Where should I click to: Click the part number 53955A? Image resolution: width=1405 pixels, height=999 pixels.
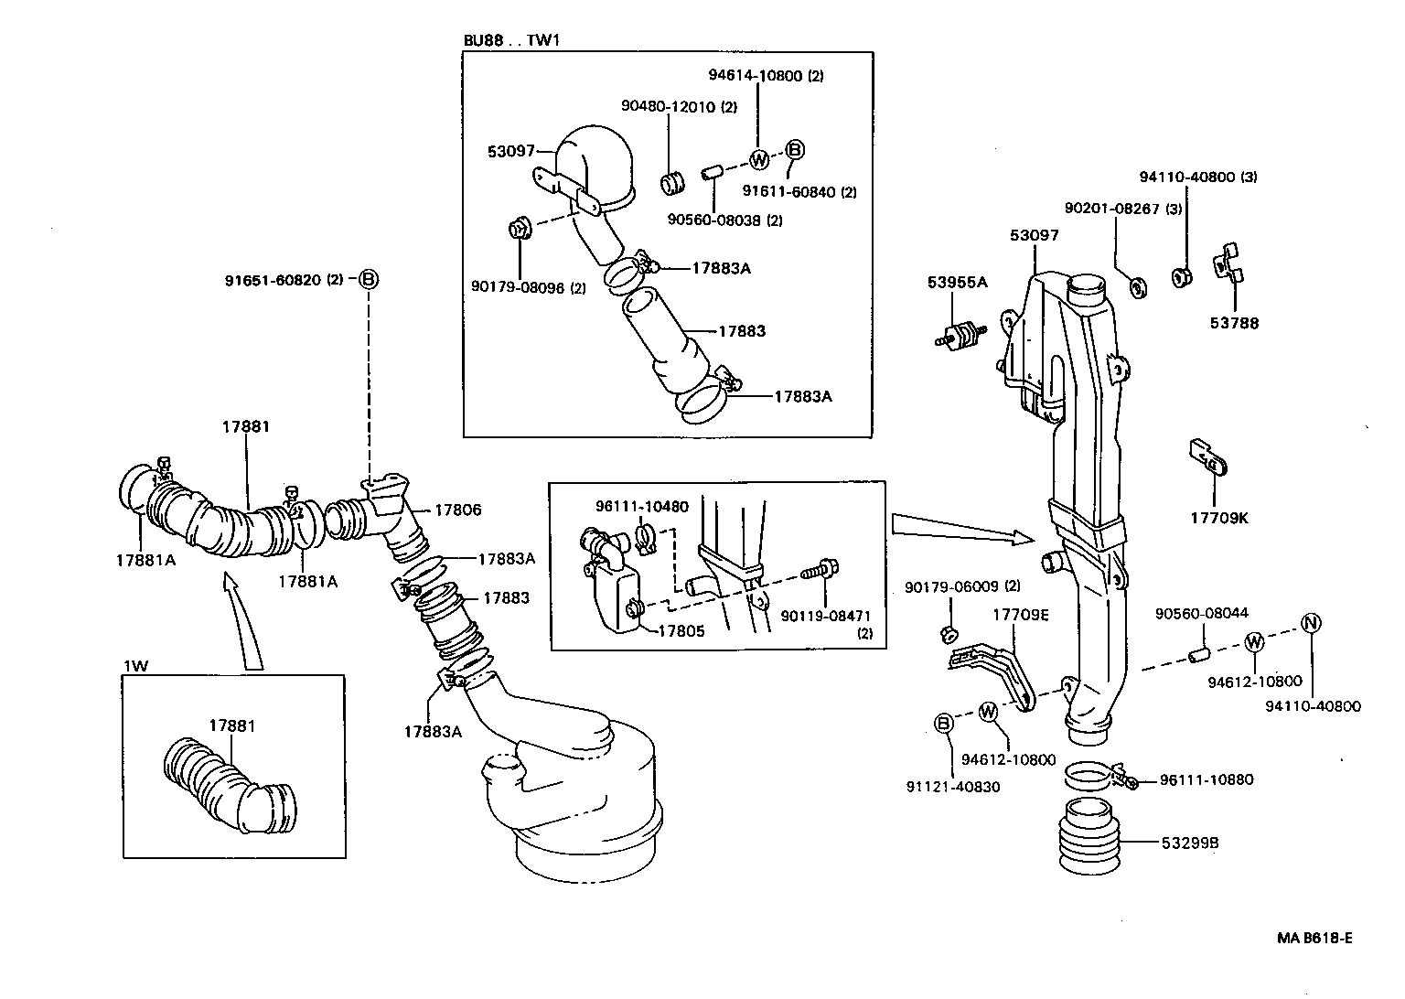click(957, 283)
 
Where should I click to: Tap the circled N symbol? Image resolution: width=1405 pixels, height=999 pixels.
click(1311, 624)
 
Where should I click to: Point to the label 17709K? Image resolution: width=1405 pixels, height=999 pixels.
click(1218, 518)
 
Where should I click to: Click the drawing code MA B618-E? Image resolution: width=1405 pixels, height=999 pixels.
click(1315, 939)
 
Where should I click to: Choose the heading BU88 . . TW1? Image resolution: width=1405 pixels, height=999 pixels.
click(516, 41)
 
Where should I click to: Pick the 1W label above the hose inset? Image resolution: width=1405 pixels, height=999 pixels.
click(135, 665)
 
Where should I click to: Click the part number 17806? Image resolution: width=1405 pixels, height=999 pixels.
click(457, 510)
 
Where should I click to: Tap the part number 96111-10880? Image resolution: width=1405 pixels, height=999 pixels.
click(1206, 780)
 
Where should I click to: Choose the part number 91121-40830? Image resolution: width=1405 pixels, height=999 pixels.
click(952, 787)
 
